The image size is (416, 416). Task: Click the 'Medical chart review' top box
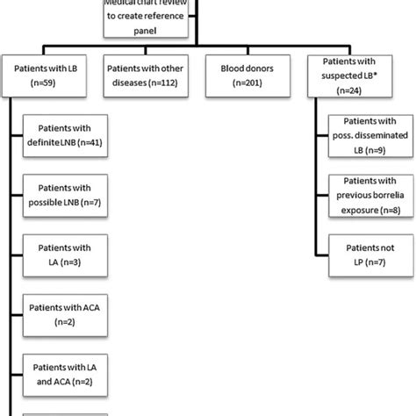pos(145,19)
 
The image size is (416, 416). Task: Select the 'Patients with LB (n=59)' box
pos(49,72)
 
